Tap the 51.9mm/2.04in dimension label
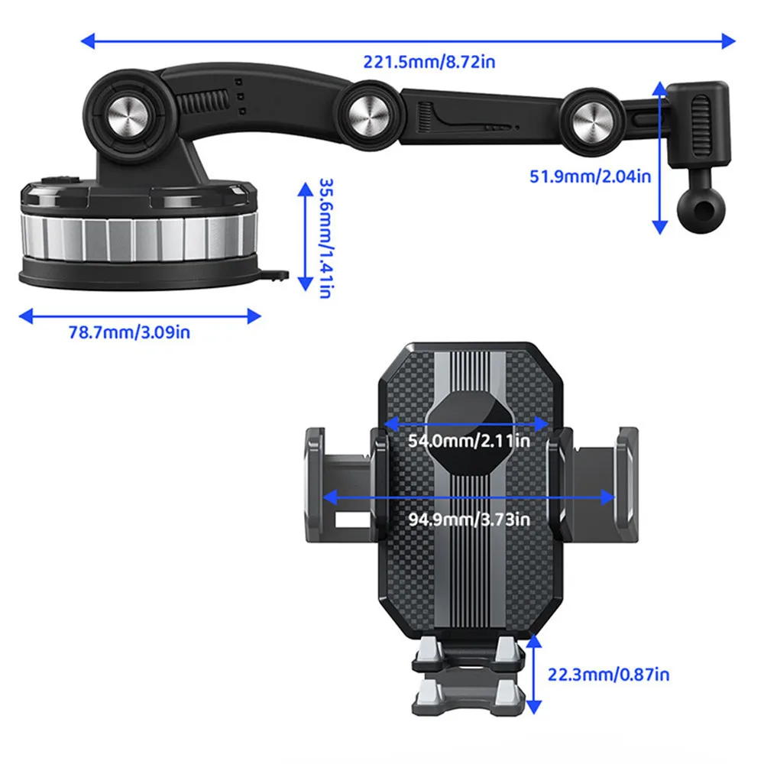(x=590, y=176)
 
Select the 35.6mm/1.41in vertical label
(x=325, y=238)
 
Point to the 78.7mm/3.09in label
(x=129, y=332)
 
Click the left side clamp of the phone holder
(x=340, y=484)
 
